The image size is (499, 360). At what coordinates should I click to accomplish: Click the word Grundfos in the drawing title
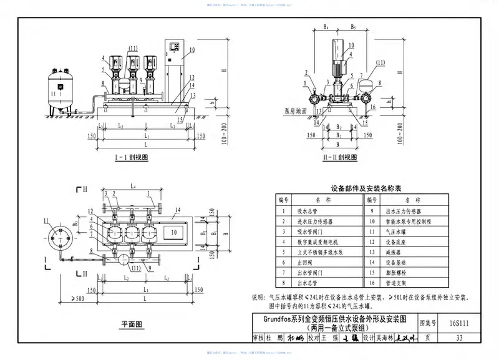(x=276, y=319)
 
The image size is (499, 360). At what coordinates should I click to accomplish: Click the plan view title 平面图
(x=132, y=324)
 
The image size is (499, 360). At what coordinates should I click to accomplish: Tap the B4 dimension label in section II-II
(x=326, y=27)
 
